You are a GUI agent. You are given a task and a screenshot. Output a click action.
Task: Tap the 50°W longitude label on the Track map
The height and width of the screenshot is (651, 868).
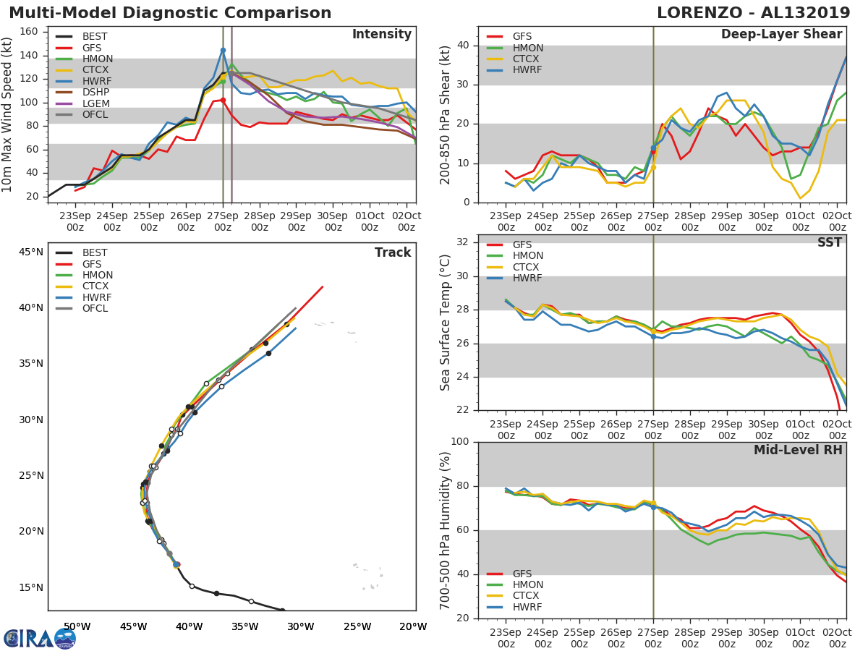pos(77,626)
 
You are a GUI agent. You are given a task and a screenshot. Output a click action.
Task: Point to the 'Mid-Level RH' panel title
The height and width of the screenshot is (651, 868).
pos(798,451)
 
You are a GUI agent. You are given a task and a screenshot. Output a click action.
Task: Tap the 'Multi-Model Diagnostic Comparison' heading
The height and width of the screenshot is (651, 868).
pos(170,13)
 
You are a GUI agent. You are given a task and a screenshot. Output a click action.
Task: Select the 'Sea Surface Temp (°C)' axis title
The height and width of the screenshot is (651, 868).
pos(446,322)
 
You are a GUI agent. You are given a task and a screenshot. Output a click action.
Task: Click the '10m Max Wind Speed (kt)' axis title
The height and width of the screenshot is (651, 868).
pos(8,114)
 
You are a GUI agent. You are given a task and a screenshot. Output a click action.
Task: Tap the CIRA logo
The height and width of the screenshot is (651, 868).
pos(40,638)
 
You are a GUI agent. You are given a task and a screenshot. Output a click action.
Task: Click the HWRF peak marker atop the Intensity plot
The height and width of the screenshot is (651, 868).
pos(223,51)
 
